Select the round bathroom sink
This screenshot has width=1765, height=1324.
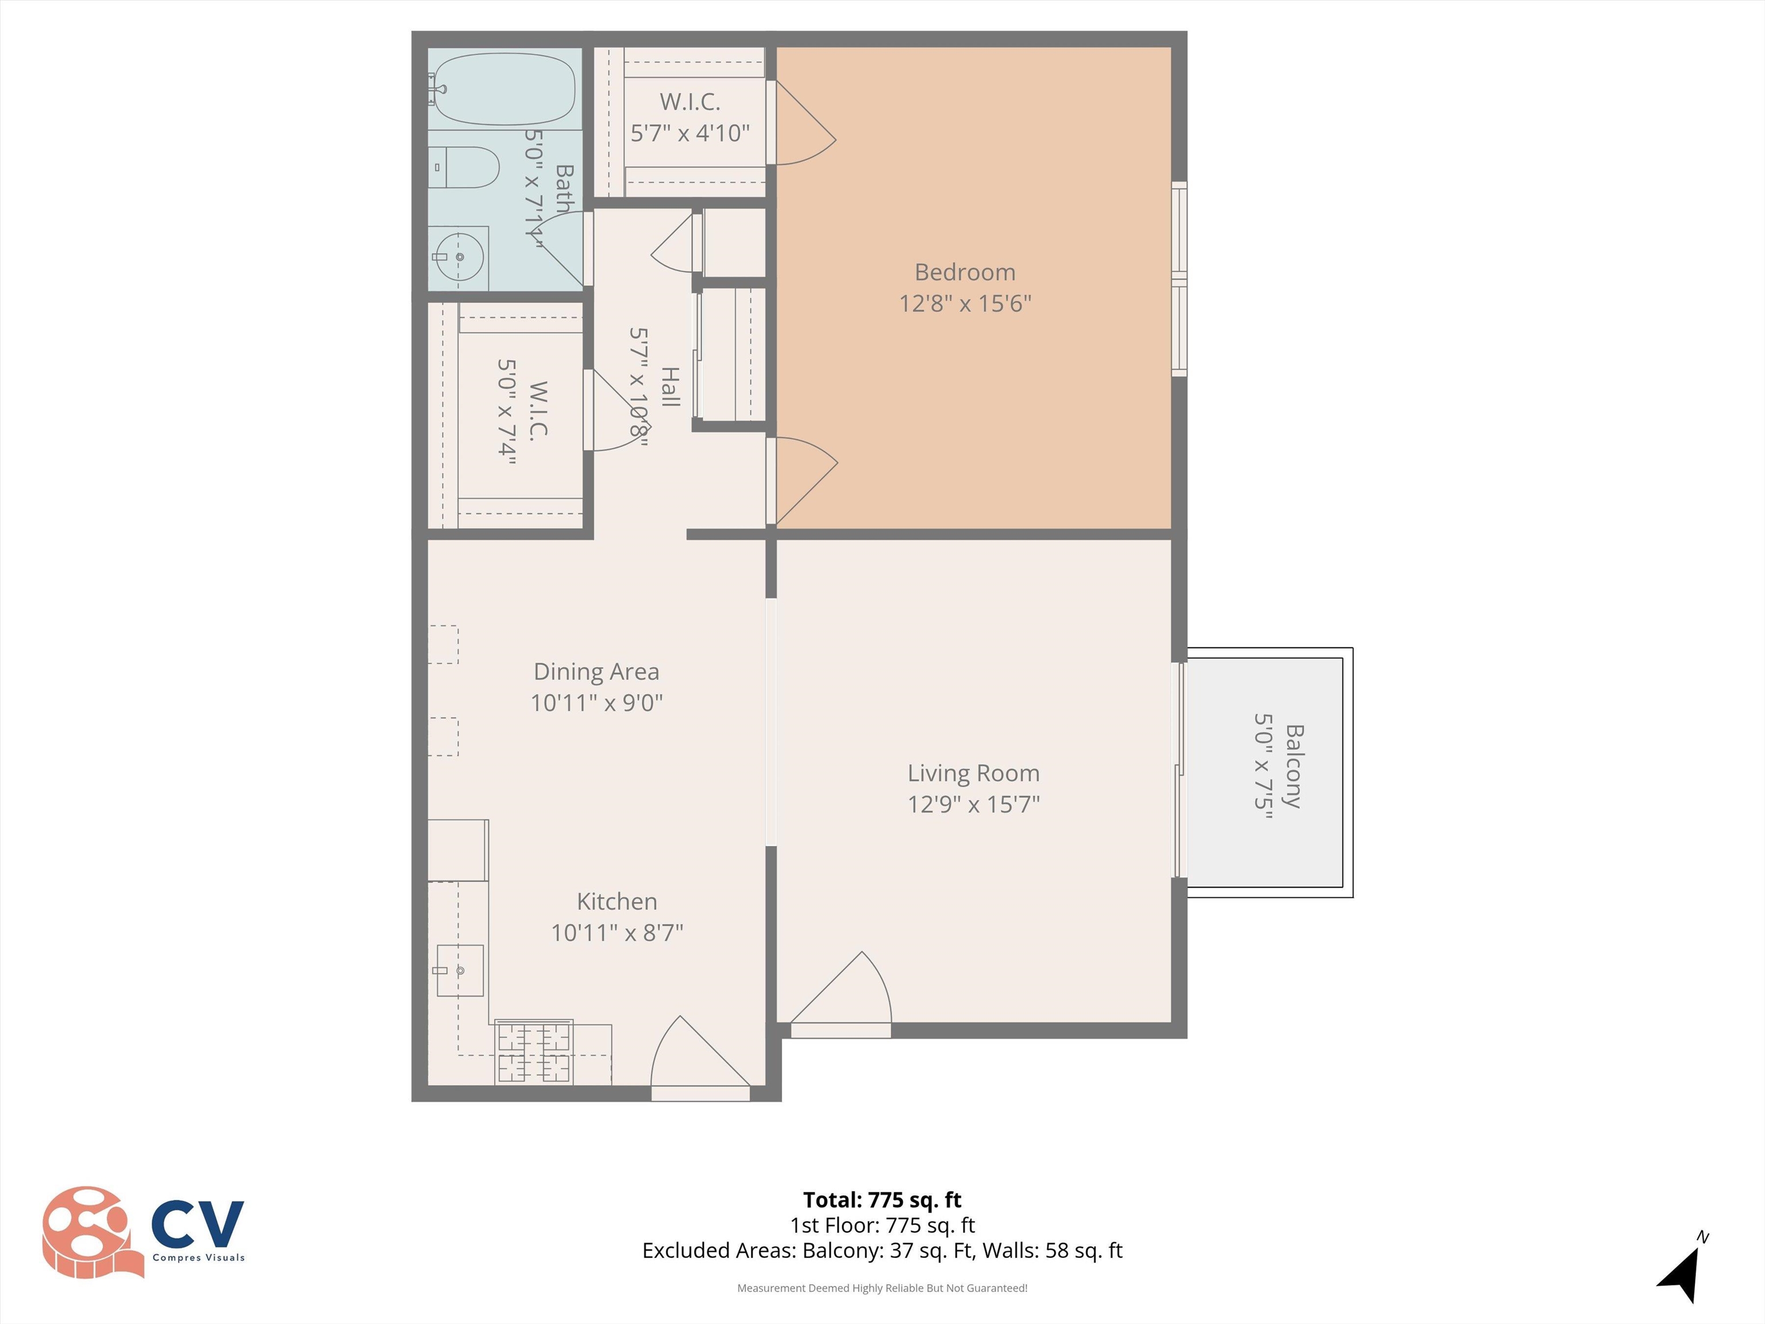click(460, 257)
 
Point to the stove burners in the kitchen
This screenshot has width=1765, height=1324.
click(534, 1052)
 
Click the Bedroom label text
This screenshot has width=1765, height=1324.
click(965, 272)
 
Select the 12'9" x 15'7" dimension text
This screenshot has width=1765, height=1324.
click(973, 804)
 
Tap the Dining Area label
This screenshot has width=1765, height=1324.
click(596, 672)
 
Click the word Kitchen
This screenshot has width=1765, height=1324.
click(617, 901)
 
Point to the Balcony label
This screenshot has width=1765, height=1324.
click(1293, 766)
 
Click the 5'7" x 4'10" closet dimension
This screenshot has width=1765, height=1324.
click(690, 133)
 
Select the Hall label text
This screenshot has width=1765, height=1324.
click(670, 387)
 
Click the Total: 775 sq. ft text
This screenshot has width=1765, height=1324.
click(882, 1199)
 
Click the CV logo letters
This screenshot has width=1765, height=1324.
click(197, 1223)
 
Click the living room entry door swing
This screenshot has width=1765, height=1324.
click(846, 994)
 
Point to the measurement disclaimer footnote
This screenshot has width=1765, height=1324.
click(882, 1288)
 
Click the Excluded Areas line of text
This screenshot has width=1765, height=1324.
click(882, 1250)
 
